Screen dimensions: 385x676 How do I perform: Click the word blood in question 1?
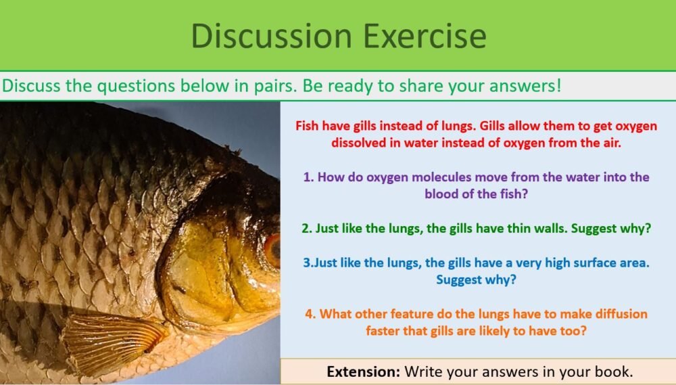point(442,194)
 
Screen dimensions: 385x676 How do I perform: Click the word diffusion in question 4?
point(623,314)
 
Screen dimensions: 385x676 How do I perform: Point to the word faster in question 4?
point(385,331)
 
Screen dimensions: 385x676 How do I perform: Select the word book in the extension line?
point(617,371)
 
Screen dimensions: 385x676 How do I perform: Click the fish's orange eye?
point(273,249)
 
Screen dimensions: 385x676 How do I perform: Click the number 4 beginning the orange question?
point(310,314)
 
